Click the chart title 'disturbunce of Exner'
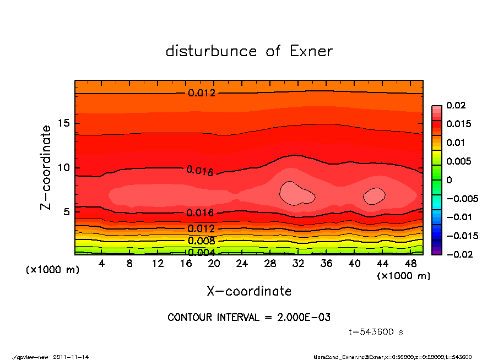pos(249,51)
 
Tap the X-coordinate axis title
pos(249,291)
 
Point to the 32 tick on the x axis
pos(298,264)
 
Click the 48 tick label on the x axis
pos(410,264)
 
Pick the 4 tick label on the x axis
pos(102,264)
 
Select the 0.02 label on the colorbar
pos(457,105)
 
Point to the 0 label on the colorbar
pos(449,180)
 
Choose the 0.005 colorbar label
pos(458,161)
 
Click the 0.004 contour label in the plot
pos(202,253)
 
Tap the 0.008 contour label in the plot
pos(202,241)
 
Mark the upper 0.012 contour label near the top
pos(202,93)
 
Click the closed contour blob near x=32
pos(296,193)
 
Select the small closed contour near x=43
pos(374,195)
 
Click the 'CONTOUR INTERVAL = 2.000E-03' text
pos(249,318)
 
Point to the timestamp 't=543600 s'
pos(376,332)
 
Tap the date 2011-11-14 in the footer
pos(71,357)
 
